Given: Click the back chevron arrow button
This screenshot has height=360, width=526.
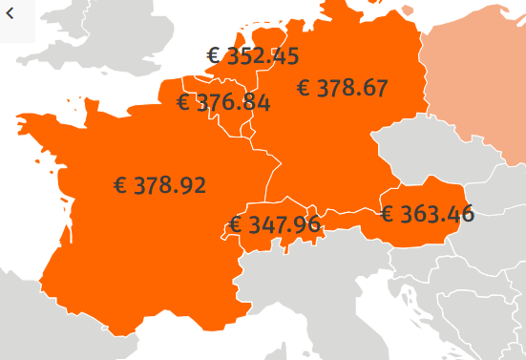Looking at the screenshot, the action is [x=11, y=12].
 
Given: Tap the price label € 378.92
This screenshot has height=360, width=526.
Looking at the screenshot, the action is [x=159, y=185].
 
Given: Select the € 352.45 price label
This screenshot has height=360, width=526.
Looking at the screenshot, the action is [x=253, y=56].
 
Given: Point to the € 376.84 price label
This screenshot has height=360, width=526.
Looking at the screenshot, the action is [x=223, y=102].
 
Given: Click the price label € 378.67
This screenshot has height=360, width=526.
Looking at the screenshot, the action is [x=342, y=89].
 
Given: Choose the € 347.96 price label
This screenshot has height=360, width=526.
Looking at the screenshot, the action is [x=275, y=226].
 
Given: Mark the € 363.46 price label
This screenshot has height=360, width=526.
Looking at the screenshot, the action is [x=427, y=213].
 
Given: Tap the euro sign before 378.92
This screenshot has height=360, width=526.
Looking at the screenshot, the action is [x=120, y=185].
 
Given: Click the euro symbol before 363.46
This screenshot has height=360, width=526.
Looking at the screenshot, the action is [x=388, y=213].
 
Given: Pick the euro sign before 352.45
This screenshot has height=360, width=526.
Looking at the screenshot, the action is [x=214, y=56].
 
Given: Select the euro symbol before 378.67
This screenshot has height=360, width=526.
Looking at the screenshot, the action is [x=305, y=89].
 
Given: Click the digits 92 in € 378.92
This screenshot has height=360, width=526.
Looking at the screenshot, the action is [x=193, y=185].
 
